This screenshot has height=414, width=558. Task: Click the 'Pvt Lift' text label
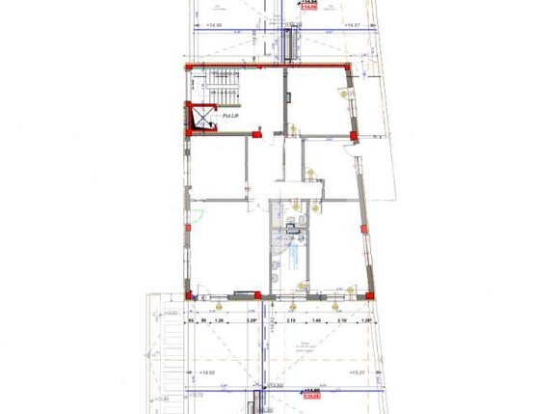230,116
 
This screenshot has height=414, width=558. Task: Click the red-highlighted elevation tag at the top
310,6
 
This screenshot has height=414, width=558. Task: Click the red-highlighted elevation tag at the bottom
311,394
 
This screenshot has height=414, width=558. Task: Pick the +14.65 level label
206,372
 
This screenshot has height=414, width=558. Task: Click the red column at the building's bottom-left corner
190,294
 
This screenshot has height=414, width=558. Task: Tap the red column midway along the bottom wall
257,293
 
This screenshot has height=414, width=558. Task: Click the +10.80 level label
162,399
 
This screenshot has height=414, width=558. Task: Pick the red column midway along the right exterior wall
362,229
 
